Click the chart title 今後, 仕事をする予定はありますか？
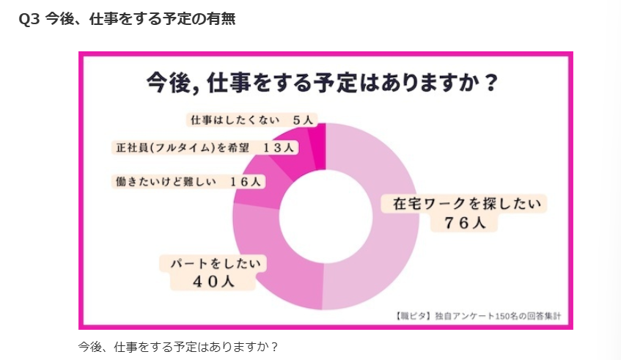[x=323, y=81]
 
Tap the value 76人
[x=465, y=224]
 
